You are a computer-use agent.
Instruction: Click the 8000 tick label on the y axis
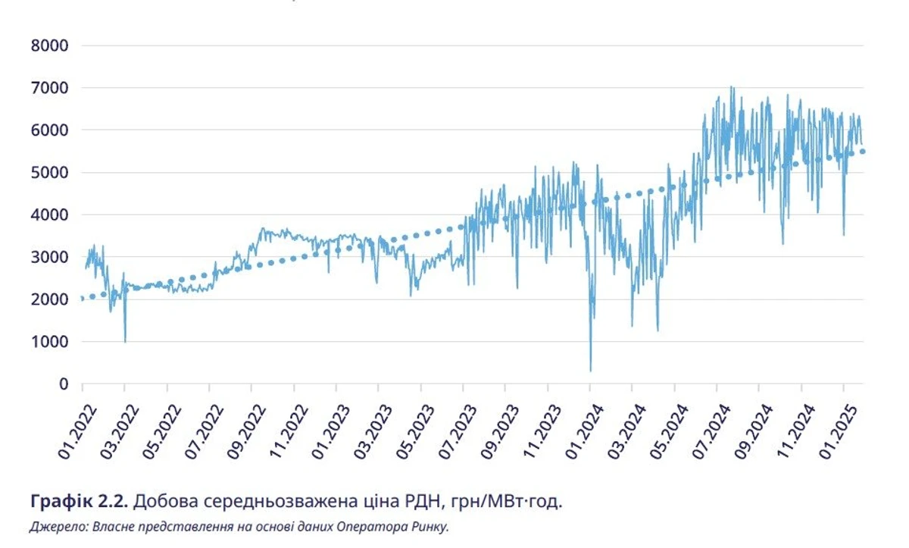pyautogui.click(x=50, y=45)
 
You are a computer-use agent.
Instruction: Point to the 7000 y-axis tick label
pyautogui.click(x=50, y=88)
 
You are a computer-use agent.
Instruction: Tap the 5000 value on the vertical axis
pyautogui.click(x=50, y=173)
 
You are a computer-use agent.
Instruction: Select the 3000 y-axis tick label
pyautogui.click(x=50, y=258)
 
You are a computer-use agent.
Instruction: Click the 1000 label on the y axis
pyautogui.click(x=50, y=343)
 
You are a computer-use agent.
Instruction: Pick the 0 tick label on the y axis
pyautogui.click(x=64, y=384)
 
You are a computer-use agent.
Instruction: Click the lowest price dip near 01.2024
pyautogui.click(x=590, y=370)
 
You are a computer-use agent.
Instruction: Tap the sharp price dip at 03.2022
pyautogui.click(x=125, y=341)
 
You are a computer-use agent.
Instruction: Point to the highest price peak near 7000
pyautogui.click(x=731, y=88)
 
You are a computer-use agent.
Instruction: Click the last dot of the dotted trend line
pyautogui.click(x=863, y=152)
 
